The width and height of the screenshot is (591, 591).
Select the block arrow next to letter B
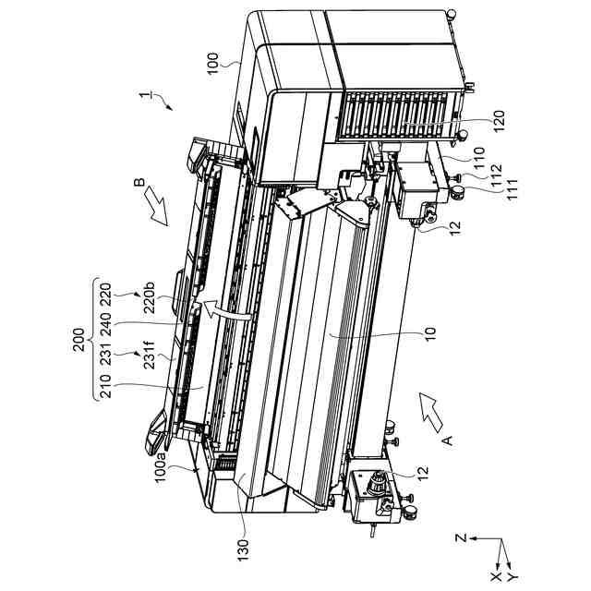click(156, 211)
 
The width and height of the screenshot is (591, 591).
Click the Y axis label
click(513, 577)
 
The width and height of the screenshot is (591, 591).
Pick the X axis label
click(495, 577)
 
